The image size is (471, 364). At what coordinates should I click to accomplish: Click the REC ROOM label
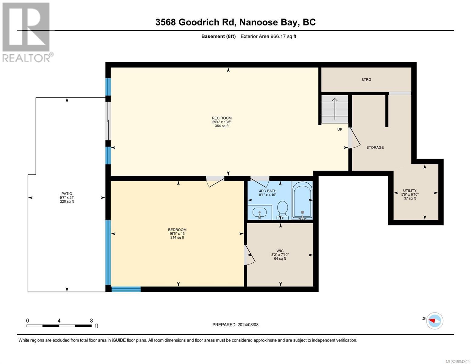tap(222, 118)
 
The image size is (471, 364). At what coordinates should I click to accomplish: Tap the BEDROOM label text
tap(177, 230)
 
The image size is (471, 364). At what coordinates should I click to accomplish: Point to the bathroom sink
tap(260, 212)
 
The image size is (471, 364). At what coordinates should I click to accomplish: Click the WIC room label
tap(280, 251)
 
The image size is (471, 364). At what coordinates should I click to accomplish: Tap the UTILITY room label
tap(410, 191)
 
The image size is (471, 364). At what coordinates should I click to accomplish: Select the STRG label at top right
tap(366, 80)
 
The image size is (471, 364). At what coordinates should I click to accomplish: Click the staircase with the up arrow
tap(335, 109)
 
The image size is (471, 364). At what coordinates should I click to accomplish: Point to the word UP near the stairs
tap(340, 130)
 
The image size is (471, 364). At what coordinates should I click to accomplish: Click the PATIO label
tap(67, 194)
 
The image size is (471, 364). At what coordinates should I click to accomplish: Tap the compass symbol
tap(435, 321)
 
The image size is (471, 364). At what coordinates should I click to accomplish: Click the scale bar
tap(59, 326)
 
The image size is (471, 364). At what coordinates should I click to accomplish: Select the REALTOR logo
tap(27, 32)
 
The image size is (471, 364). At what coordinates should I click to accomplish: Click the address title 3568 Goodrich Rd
tap(235, 22)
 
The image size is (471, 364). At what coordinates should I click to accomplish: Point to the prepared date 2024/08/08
tap(235, 325)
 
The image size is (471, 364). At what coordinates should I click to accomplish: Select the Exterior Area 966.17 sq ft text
tap(268, 36)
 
